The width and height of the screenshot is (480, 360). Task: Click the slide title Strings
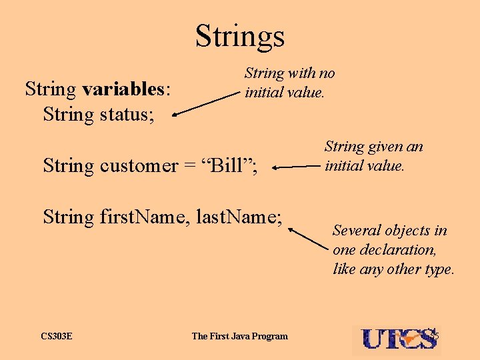240,35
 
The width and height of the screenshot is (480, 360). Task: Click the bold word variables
123,89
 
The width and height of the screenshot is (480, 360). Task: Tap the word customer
139,165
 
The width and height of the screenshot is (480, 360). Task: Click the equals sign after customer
189,166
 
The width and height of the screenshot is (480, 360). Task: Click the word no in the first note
327,73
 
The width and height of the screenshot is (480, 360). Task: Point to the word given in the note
383,147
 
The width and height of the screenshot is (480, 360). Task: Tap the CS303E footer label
57,336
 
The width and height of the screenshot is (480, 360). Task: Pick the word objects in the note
409,231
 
